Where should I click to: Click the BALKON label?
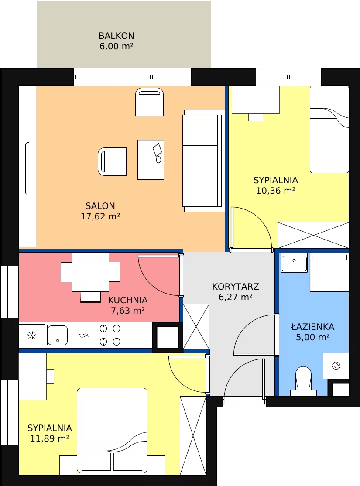tap(116, 36)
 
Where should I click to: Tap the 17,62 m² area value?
tap(100, 216)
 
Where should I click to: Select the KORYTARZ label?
tap(235, 287)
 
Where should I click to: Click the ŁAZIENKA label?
tap(312, 327)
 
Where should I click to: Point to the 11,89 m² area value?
tap(50, 438)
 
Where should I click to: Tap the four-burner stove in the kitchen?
tap(110, 335)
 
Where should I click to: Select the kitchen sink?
tap(58, 335)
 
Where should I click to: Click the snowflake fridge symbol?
tap(31, 335)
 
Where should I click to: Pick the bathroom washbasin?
tap(294, 263)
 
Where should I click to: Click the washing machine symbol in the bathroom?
tap(336, 366)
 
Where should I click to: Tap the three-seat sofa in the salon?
tap(203, 161)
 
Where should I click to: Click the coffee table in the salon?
tap(151, 160)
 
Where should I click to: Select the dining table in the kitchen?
tap(90, 272)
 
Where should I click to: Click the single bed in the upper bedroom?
tap(329, 129)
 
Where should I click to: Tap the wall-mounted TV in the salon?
tap(27, 168)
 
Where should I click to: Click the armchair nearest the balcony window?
tap(150, 102)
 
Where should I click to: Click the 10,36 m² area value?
tap(275, 191)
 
